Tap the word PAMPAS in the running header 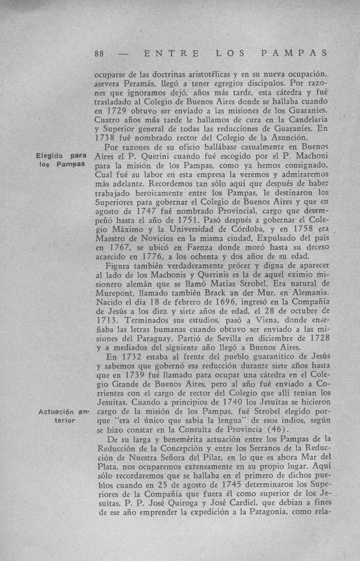[295, 52]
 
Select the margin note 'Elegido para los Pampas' [61, 160]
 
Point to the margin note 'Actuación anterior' [61, 416]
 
